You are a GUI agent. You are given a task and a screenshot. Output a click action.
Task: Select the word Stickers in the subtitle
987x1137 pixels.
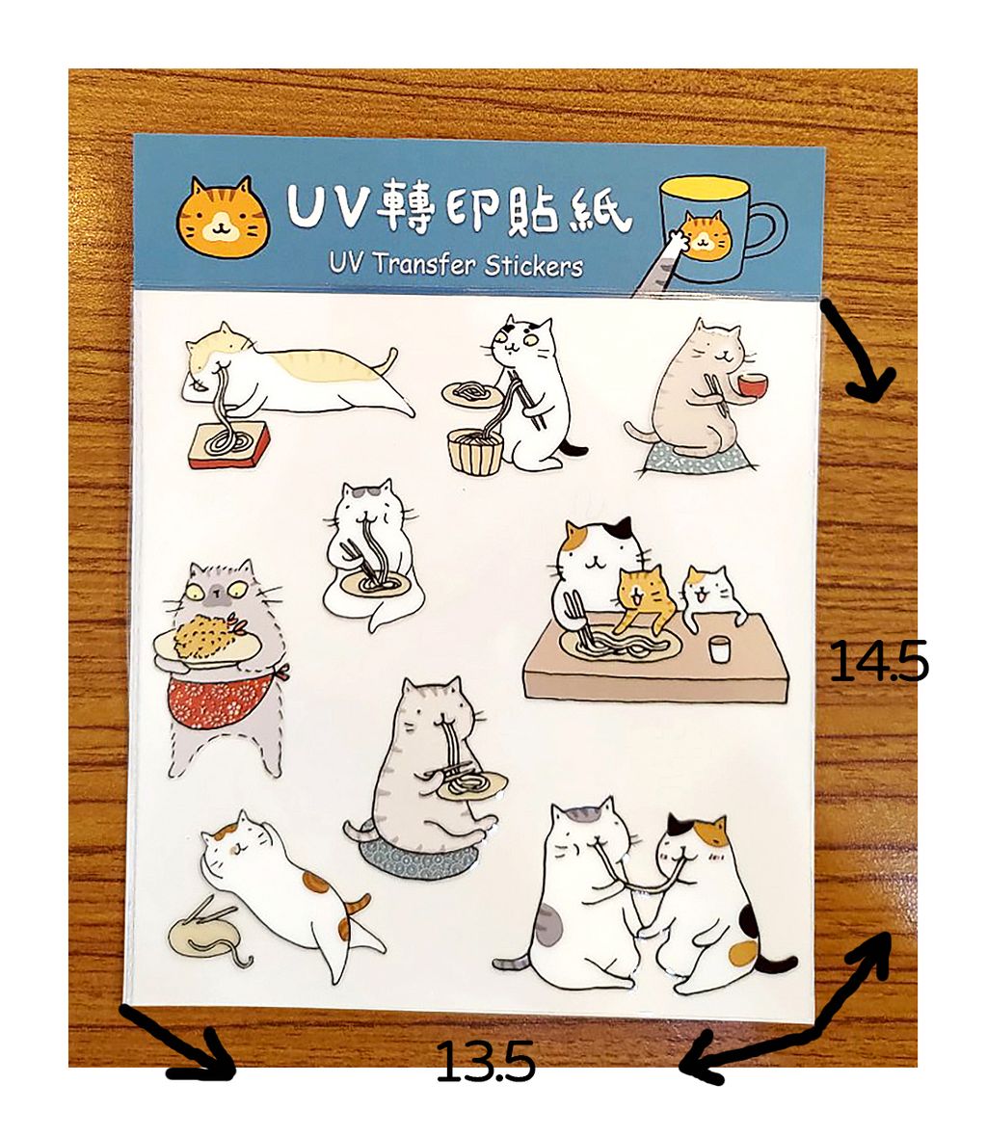(x=533, y=265)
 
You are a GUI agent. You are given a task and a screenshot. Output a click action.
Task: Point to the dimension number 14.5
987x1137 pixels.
(x=878, y=661)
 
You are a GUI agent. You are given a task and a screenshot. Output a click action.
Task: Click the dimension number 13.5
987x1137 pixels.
(x=485, y=1062)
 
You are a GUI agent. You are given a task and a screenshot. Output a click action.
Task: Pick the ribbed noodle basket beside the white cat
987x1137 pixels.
(x=475, y=451)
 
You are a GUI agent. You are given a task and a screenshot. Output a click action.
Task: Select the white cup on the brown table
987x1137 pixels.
(x=719, y=649)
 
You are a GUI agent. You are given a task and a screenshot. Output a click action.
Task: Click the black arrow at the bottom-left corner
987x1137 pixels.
(x=178, y=1044)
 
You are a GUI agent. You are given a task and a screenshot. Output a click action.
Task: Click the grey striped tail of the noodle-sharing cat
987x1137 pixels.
(x=514, y=963)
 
